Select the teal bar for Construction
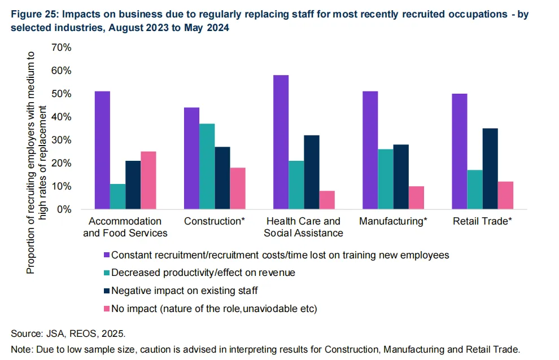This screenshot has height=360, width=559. click(x=207, y=166)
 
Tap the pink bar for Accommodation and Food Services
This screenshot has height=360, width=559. click(x=148, y=180)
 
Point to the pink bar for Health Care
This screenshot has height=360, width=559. click(x=326, y=200)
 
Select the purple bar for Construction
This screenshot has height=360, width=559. click(x=191, y=158)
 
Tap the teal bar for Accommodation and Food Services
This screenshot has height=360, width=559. click(x=118, y=196)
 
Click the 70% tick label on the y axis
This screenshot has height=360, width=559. click(x=60, y=47)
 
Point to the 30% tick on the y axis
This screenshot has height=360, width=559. click(x=60, y=140)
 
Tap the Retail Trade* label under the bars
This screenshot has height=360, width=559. click(x=482, y=221)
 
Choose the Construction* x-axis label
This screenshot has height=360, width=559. click(x=214, y=221)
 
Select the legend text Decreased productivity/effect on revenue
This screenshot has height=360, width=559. click(x=203, y=273)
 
